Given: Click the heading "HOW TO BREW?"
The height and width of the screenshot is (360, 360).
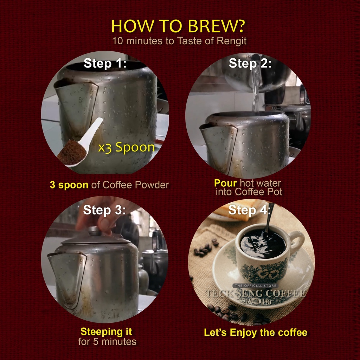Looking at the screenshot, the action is point(178,26).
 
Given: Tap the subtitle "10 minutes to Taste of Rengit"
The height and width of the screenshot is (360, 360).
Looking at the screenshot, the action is point(179,41).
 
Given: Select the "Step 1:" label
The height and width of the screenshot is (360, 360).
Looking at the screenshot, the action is point(105,63).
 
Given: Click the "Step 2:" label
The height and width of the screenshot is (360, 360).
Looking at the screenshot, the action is point(250,63).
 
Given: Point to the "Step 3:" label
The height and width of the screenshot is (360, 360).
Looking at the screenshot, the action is point(104,210).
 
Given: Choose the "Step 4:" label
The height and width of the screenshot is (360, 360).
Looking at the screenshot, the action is point(250,210).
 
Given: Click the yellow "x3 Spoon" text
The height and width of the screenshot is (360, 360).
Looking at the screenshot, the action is point(126,147).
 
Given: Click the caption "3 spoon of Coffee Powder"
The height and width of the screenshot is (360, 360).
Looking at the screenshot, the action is point(109,185).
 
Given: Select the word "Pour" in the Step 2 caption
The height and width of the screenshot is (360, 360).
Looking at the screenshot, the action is point(225,183).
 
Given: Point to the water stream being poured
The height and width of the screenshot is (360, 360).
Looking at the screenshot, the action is point(256,90).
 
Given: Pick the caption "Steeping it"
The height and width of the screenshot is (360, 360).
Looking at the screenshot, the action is point(106,332).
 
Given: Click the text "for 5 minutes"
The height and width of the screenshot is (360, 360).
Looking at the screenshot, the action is point(107,342).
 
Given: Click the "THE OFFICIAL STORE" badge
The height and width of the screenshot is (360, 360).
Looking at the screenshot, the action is point(256,285).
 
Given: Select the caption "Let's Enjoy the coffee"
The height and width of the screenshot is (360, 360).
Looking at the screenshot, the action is point(256,333).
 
